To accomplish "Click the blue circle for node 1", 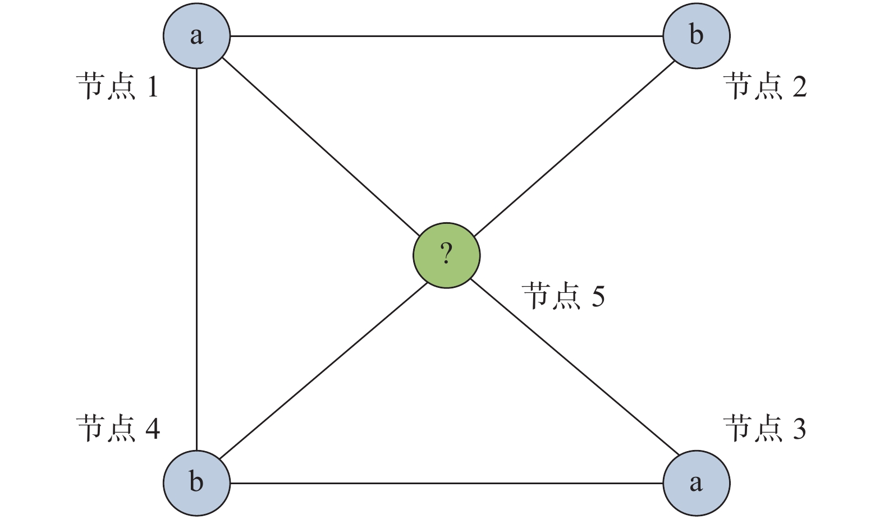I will pos(196,36).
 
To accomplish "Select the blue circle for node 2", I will pos(696,36).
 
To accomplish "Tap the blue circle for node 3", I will pos(696,483).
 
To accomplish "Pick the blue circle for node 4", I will pos(196,483).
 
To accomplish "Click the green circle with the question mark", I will pos(446,255).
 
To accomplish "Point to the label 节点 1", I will pos(118,87).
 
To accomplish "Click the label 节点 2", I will pos(766,87).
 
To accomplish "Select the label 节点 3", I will pos(764,429).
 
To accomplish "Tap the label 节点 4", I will pos(118,429).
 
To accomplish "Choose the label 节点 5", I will pos(564,296).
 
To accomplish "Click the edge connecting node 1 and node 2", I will pos(446,36).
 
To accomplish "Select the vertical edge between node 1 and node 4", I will pos(196,258).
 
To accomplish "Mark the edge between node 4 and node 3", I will pos(446,483).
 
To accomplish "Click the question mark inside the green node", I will pos(446,254).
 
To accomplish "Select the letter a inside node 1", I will pos(196,36).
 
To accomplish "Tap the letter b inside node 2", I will pos(696,35).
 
